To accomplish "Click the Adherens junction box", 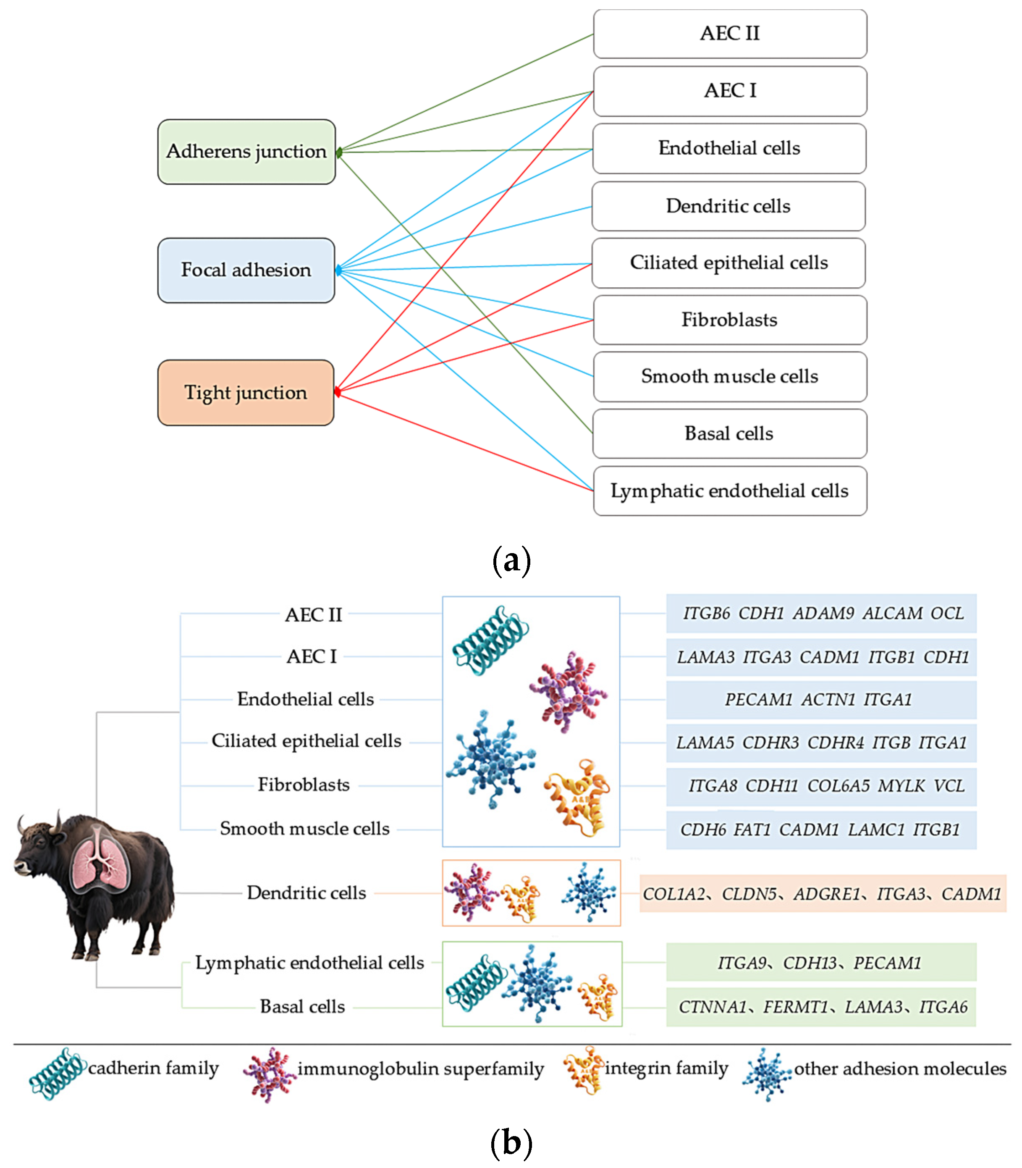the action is click(246, 152).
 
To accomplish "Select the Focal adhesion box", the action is click(246, 270).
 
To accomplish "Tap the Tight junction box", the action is click(246, 392).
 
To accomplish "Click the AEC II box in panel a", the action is click(730, 34).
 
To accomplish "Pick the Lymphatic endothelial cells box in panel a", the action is click(730, 491).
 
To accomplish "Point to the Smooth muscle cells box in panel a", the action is click(730, 376).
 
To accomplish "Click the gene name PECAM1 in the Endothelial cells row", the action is click(758, 699).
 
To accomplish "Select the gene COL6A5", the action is click(839, 786).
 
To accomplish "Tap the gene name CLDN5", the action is click(749, 894).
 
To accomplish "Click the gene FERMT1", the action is click(795, 1007).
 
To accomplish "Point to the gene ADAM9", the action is click(823, 613).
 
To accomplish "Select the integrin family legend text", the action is click(666, 1068).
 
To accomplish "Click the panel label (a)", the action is click(511, 561).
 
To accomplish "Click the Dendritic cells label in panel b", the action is click(306, 892).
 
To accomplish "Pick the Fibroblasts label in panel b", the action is click(304, 785).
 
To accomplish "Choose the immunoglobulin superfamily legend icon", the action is click(269, 1074).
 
